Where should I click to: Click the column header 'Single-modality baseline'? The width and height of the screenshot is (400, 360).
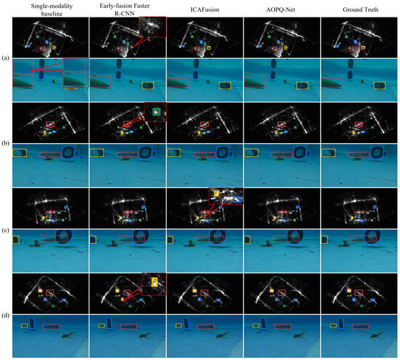coord(52,9)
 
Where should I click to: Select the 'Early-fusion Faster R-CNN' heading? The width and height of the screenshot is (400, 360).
coord(124,9)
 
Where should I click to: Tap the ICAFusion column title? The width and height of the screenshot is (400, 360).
coord(204,9)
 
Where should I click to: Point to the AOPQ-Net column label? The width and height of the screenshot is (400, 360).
coord(280,9)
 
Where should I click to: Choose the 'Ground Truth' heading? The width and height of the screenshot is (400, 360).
coord(360,9)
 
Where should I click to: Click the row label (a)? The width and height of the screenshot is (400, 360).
coord(5,58)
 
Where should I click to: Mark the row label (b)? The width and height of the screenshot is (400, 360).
coord(5,143)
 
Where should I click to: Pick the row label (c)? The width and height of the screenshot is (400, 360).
coord(5,230)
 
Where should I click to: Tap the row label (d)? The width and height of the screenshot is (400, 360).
coord(5,316)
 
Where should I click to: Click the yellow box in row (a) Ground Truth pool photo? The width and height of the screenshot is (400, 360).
coord(380,86)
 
